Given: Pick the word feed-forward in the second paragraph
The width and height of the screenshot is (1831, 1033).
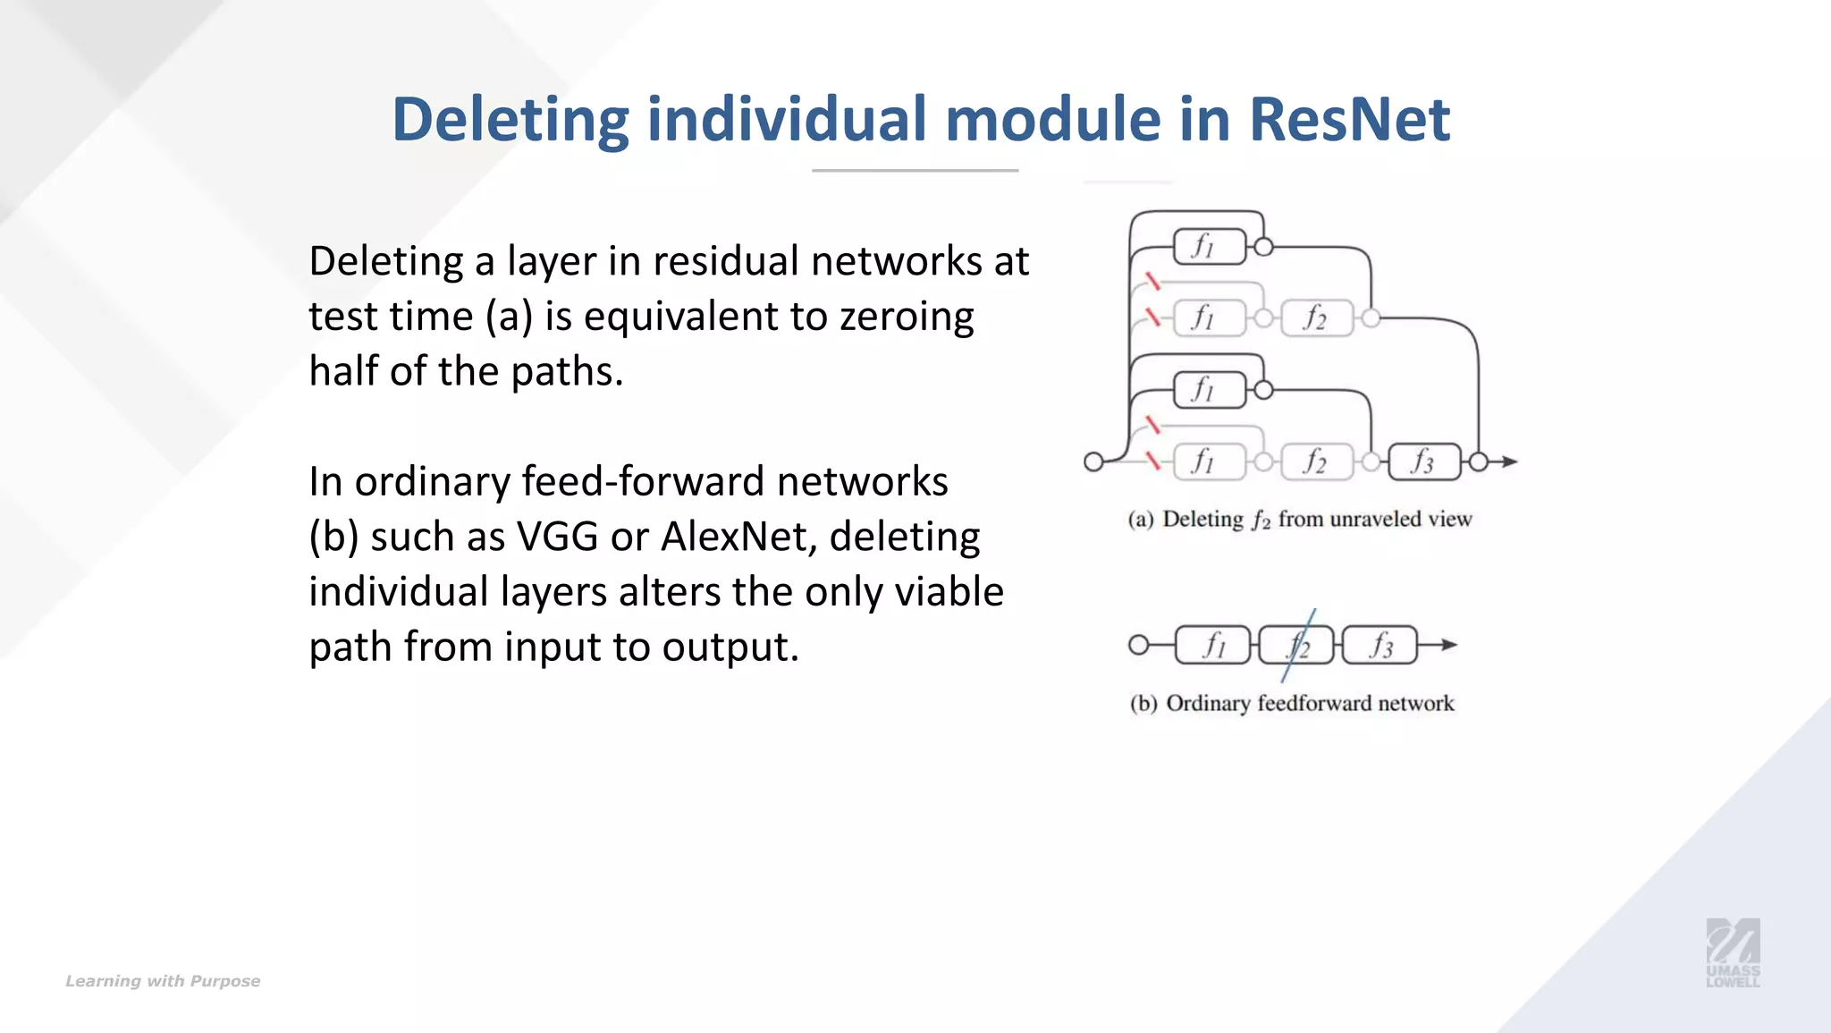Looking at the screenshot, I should [642, 481].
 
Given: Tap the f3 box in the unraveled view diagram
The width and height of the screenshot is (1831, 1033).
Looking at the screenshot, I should [1423, 462].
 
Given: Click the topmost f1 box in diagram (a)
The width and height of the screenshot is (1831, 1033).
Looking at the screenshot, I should [1209, 246].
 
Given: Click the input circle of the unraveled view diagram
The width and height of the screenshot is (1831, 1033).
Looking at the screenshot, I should [1093, 462].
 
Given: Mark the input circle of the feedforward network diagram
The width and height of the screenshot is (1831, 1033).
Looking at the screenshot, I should [1138, 645].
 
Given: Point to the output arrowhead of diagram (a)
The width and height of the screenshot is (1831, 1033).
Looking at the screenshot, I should [1510, 462].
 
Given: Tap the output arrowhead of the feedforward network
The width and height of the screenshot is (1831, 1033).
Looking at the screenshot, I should [1449, 645].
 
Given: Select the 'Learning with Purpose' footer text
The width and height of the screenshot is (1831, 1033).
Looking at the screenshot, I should [163, 981].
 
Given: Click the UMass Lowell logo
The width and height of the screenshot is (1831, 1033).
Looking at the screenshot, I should [1733, 953].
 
